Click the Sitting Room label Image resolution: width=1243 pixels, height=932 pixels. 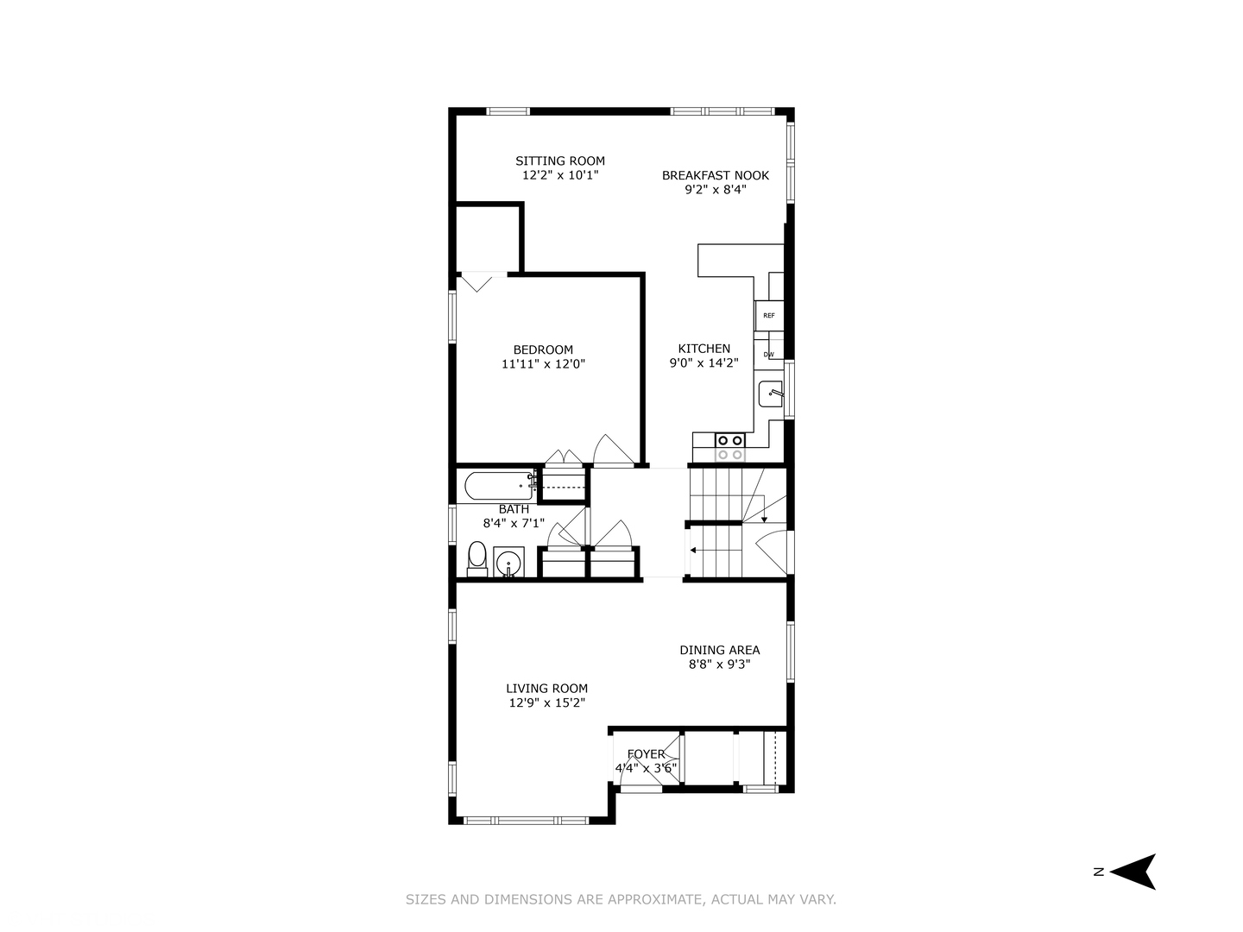[x=559, y=161]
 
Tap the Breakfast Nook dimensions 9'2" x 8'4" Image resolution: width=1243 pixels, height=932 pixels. [x=716, y=190]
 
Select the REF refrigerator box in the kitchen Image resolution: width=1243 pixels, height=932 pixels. [x=768, y=316]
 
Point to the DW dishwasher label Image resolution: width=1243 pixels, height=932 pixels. [x=768, y=355]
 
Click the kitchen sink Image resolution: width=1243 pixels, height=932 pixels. [x=771, y=394]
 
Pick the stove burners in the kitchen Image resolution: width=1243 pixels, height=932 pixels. [x=729, y=448]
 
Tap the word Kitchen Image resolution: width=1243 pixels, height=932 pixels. [x=704, y=349]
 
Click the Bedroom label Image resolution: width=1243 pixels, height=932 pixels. [x=543, y=349]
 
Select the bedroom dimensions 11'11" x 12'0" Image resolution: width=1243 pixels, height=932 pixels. [x=543, y=364]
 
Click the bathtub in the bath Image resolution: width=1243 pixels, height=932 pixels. [x=499, y=486]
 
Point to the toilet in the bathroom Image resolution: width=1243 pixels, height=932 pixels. [x=476, y=559]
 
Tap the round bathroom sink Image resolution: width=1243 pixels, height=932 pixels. [x=508, y=563]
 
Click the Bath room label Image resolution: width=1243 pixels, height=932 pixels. [x=514, y=509]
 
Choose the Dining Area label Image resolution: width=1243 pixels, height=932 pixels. [x=719, y=650]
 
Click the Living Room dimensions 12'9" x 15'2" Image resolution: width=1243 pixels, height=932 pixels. [x=546, y=702]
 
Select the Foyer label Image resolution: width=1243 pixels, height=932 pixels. [x=647, y=754]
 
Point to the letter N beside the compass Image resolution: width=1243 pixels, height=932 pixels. [x=1099, y=872]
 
